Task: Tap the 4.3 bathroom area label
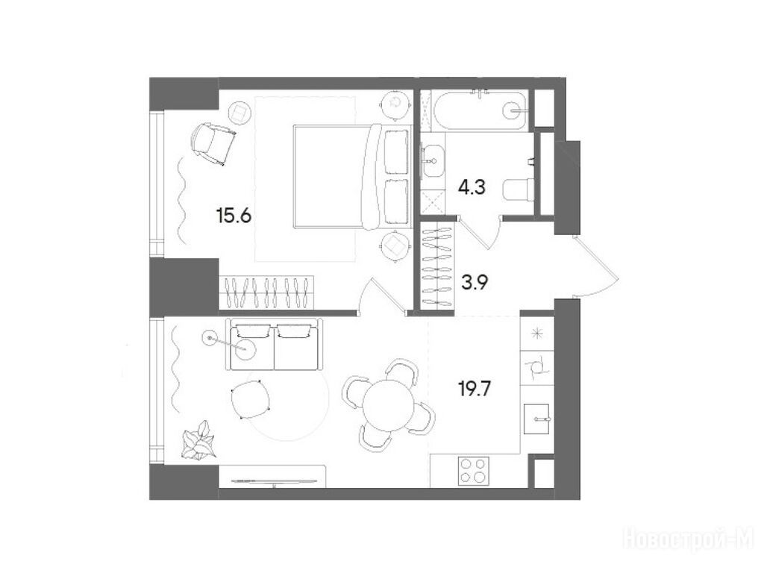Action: coord(472,187)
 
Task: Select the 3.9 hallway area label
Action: coord(475,282)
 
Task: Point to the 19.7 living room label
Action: coord(475,389)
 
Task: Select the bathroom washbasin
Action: coord(432,160)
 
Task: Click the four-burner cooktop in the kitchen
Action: coord(473,471)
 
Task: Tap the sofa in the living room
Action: coord(275,345)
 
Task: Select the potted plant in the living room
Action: coord(198,439)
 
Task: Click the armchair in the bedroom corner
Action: coord(213,144)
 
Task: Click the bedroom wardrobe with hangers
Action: coord(266,292)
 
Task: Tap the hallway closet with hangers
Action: coord(437,265)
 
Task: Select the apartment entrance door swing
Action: coord(597,266)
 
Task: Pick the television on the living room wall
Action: coord(273,481)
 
